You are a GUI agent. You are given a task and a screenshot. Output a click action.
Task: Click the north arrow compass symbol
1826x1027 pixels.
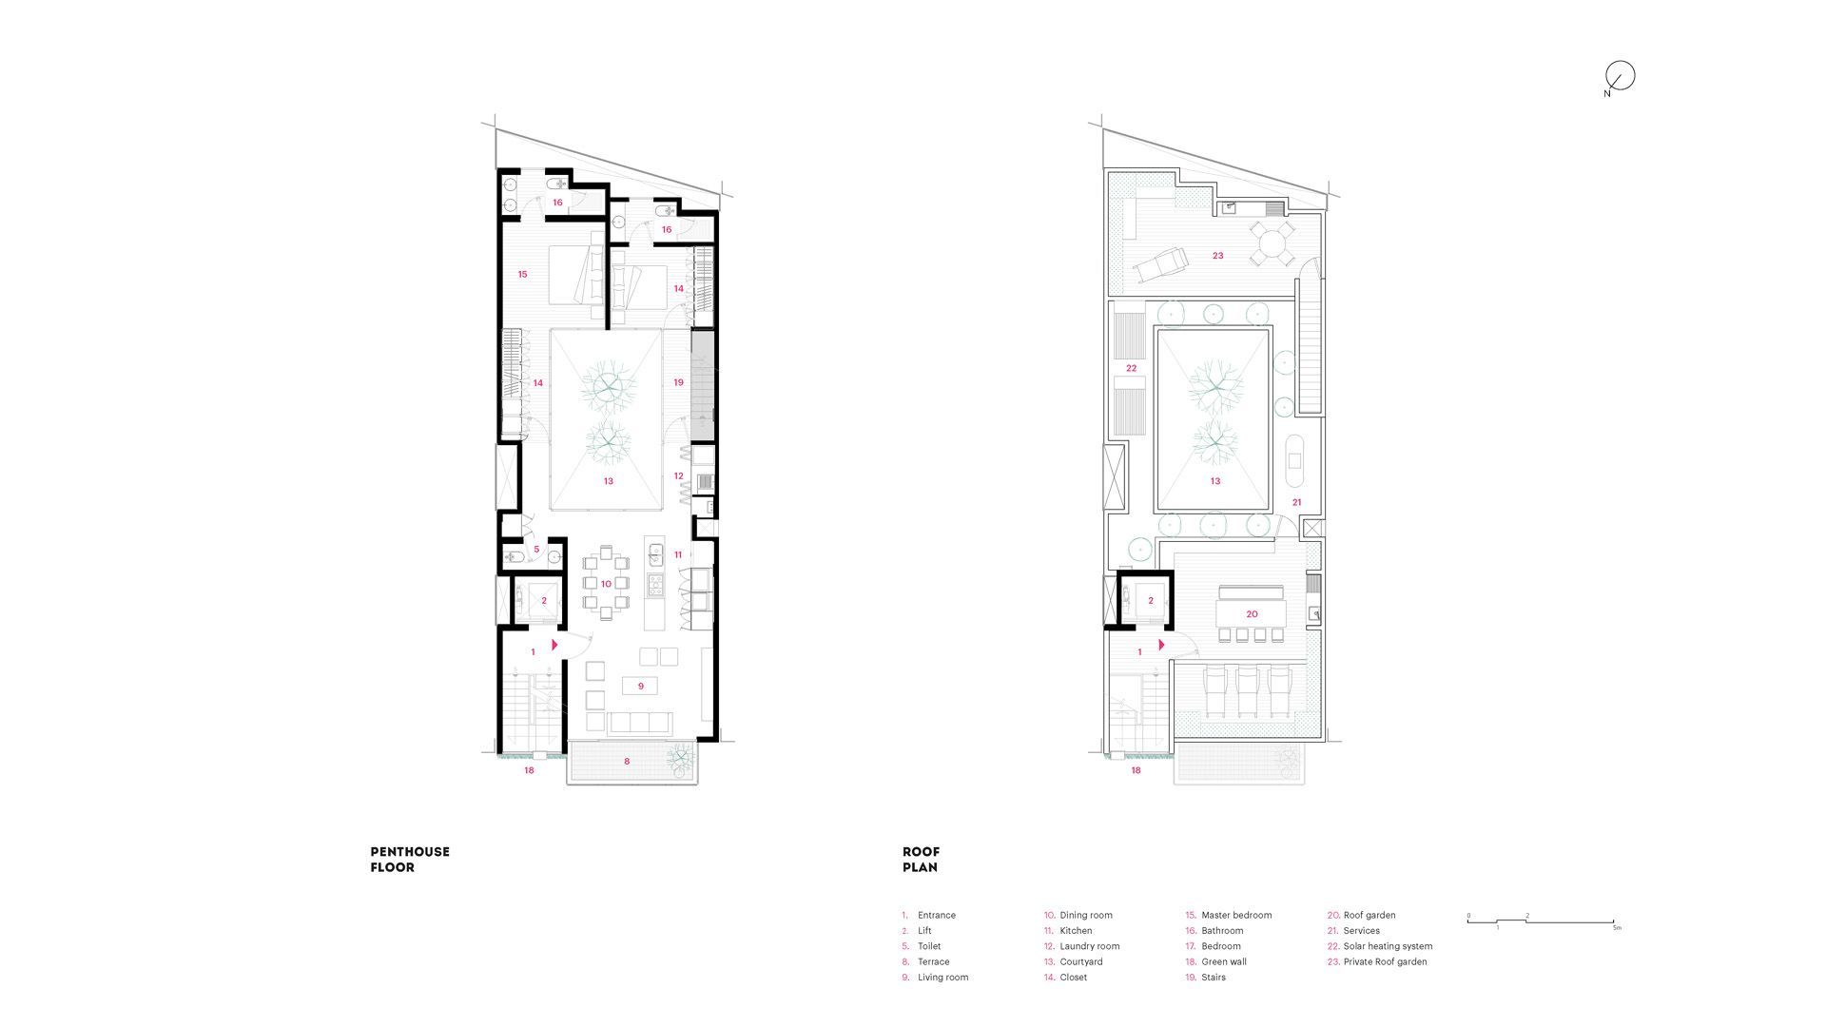[x=1620, y=77]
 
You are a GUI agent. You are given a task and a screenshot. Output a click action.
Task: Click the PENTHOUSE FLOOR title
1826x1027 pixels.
[x=410, y=860]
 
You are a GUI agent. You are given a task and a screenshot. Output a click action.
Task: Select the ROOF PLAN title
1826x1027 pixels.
[x=921, y=860]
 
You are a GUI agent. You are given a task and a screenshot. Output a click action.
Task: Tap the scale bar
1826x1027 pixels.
[x=1542, y=921]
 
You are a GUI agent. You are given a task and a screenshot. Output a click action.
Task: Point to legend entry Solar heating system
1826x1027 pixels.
[x=1380, y=946]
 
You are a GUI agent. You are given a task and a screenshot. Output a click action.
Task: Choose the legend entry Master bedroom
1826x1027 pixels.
[x=1229, y=915]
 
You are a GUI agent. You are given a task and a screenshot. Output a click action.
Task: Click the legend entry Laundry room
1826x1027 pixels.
[x=1082, y=946]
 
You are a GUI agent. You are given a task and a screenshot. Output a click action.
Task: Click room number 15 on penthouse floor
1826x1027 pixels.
[x=522, y=275]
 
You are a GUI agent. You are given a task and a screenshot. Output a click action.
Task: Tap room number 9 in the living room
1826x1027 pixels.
[x=641, y=686]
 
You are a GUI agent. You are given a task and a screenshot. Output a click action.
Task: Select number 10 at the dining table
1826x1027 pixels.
[x=606, y=584]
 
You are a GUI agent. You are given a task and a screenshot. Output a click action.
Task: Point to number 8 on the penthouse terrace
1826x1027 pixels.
[x=627, y=761]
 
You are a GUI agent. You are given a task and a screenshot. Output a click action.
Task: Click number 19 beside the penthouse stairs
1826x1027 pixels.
[x=678, y=382]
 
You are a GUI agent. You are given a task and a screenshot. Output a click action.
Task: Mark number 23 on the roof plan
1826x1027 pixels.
[x=1217, y=256]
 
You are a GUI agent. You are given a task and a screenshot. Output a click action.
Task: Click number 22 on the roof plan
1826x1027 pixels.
[x=1131, y=368]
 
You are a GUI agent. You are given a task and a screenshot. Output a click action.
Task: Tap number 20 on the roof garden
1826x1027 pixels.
[x=1252, y=614]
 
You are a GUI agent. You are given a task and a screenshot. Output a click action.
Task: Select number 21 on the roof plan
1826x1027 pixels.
[x=1296, y=502]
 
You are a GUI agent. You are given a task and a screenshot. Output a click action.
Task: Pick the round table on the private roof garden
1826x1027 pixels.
[x=1272, y=243]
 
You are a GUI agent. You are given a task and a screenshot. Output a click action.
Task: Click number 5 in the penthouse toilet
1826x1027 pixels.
[x=536, y=550]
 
